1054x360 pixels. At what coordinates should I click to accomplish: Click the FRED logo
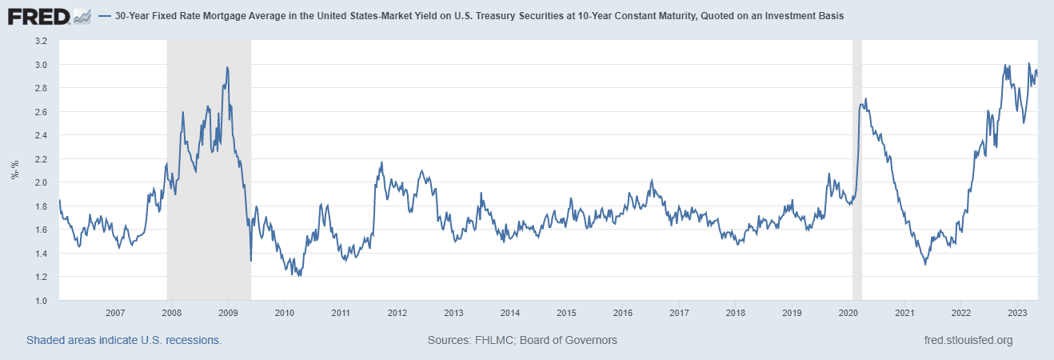pos(48,15)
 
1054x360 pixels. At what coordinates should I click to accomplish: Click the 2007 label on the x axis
pos(115,313)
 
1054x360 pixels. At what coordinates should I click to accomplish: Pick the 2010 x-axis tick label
pos(284,313)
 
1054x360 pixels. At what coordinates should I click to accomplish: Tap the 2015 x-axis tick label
pos(566,313)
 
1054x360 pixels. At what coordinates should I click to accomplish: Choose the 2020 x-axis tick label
pos(848,313)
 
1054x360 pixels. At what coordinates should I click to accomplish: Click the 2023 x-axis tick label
pos(1016,313)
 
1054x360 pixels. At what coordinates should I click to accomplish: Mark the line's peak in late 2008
pos(228,67)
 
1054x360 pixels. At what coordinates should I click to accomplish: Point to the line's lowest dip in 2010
pos(299,276)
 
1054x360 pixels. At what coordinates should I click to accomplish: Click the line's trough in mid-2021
pos(925,264)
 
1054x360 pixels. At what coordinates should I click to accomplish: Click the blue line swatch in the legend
pos(104,16)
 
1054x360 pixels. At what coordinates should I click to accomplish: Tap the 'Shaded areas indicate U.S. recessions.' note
pos(124,340)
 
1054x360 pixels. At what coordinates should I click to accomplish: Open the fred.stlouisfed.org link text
pos(968,340)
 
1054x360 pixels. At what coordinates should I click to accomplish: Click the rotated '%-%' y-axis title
pos(14,170)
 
